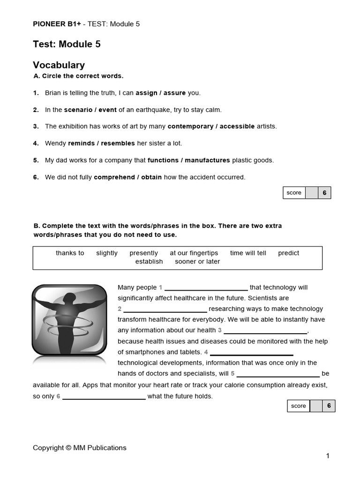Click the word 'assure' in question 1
pyautogui.click(x=174, y=93)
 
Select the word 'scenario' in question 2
pyautogui.click(x=78, y=110)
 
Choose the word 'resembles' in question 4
pyautogui.click(x=118, y=143)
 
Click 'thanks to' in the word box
pyautogui.click(x=70, y=253)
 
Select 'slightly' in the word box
pyautogui.click(x=107, y=253)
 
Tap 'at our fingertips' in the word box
pyautogui.click(x=194, y=253)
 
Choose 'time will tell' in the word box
pyautogui.click(x=248, y=253)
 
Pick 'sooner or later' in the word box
pyautogui.click(x=197, y=262)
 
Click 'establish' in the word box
pyautogui.click(x=149, y=262)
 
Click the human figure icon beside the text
pyautogui.click(x=69, y=320)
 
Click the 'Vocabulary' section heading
pyautogui.click(x=59, y=65)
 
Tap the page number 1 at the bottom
pyautogui.click(x=328, y=456)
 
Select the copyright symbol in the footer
pyautogui.click(x=68, y=448)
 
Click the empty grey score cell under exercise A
pyautogui.click(x=312, y=193)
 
